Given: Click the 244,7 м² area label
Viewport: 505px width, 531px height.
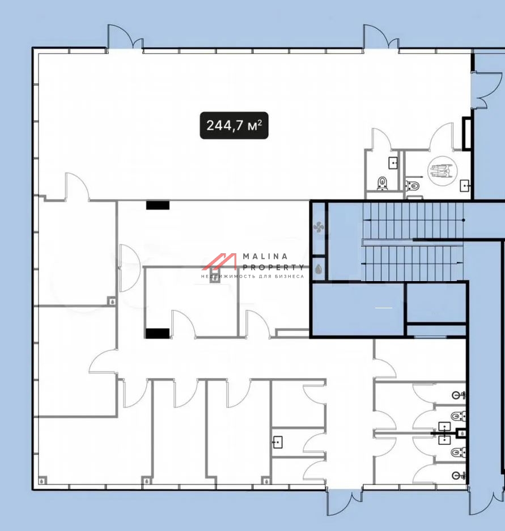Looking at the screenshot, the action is (234, 125).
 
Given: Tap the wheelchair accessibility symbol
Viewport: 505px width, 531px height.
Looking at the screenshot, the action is (442, 171).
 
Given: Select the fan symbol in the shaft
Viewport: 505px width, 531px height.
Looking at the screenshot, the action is (319, 227).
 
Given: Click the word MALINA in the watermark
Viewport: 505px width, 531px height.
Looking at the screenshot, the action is (265, 256).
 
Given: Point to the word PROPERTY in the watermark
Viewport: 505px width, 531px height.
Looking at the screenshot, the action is (273, 267).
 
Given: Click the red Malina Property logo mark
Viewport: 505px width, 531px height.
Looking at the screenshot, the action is (219, 261).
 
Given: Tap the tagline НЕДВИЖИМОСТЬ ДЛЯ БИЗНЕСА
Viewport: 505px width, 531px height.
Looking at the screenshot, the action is (253, 277).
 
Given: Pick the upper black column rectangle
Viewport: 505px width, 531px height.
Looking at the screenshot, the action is (158, 205).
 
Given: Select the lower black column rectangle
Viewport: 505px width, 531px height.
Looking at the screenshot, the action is (158, 333).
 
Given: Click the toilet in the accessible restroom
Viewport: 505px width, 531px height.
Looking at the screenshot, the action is (413, 185).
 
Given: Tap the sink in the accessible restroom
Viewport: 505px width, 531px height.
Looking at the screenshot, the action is (465, 185).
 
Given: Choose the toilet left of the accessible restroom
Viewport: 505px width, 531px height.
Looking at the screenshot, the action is (383, 183).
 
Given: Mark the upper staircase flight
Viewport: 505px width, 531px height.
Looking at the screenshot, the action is (413, 220).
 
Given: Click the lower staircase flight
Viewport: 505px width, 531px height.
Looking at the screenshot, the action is (413, 263).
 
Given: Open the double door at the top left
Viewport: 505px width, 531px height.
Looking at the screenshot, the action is (125, 37).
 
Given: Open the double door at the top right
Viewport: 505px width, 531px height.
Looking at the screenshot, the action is (381, 37).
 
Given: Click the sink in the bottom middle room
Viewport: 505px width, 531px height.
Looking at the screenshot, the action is (278, 442).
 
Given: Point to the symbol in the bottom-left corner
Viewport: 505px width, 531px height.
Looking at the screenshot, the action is (42, 480).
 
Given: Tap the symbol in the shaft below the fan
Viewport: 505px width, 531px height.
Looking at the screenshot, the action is (319, 269).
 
